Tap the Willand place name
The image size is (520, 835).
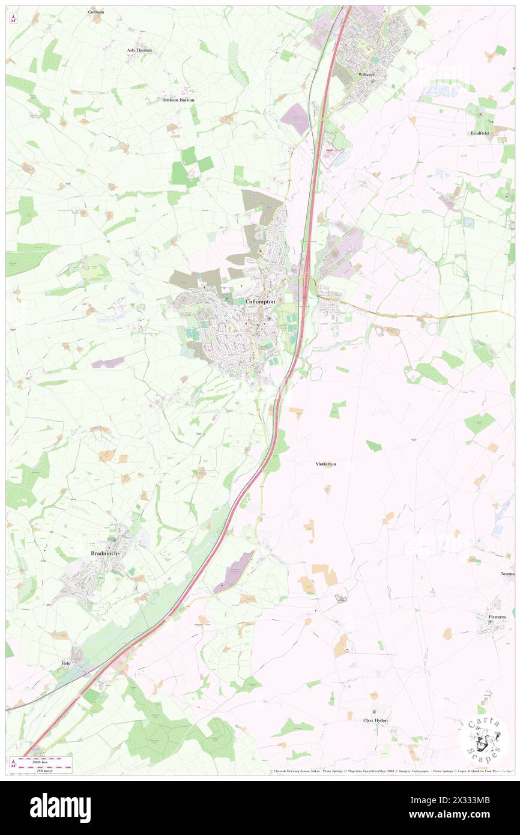coord(366,74)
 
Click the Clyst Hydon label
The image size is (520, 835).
coord(375,720)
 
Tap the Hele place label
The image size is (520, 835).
coord(66,663)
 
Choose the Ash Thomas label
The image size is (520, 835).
coord(139,50)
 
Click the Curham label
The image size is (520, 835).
coord(96,11)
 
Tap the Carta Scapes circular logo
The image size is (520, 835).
coord(484,739)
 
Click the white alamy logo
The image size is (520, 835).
coord(60,807)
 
